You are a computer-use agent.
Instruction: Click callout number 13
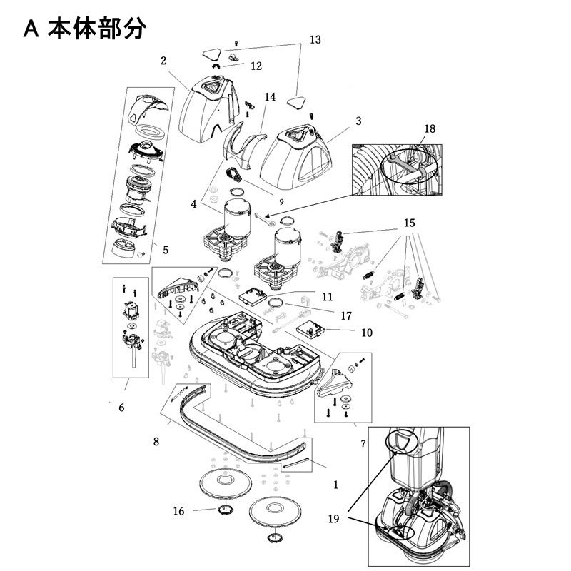click(x=315, y=40)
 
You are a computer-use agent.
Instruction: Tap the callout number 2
click(x=163, y=61)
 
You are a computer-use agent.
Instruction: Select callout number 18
click(x=430, y=128)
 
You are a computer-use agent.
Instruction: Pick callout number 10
click(x=367, y=332)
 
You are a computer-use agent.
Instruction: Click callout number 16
click(x=179, y=511)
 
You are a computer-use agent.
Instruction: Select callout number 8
click(x=156, y=441)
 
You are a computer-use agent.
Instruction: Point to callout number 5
click(x=165, y=250)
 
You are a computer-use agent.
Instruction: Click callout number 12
click(x=256, y=66)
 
